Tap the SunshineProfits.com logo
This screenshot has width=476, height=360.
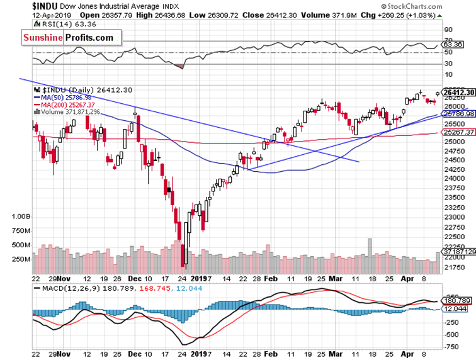pyautogui.click(x=69, y=38)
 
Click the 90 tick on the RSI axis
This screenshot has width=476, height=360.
pyautogui.click(x=448, y=29)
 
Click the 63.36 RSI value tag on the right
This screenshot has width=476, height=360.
pyautogui.click(x=453, y=45)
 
